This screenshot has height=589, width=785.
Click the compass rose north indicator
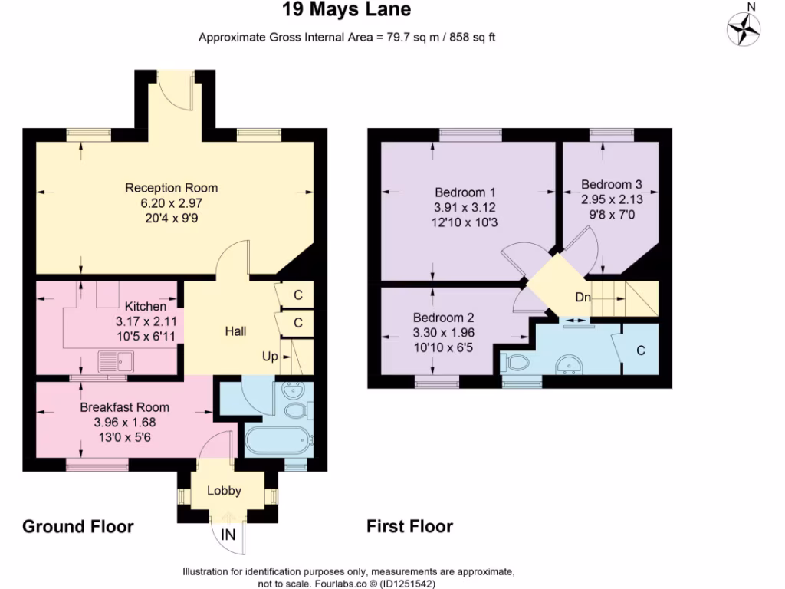pos(744,28)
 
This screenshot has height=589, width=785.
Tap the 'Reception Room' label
pos(171,188)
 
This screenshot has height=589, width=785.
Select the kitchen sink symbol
pos(114,360)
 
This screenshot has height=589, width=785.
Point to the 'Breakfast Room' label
pos(124,407)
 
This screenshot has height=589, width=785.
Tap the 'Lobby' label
pos(224,491)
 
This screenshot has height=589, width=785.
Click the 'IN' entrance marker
pos(228,535)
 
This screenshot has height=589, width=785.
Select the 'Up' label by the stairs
pos(270,357)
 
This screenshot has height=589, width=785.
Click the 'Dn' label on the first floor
pos(583,298)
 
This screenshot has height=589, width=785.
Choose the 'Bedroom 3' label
pos(611,184)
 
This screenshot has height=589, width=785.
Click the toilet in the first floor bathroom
pos(517,362)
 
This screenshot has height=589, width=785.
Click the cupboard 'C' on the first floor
pos(640,350)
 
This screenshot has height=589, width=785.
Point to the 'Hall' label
pos(235,331)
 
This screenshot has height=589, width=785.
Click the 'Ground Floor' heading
pos(78,527)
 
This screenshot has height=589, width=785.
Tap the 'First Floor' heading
pos(409,527)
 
